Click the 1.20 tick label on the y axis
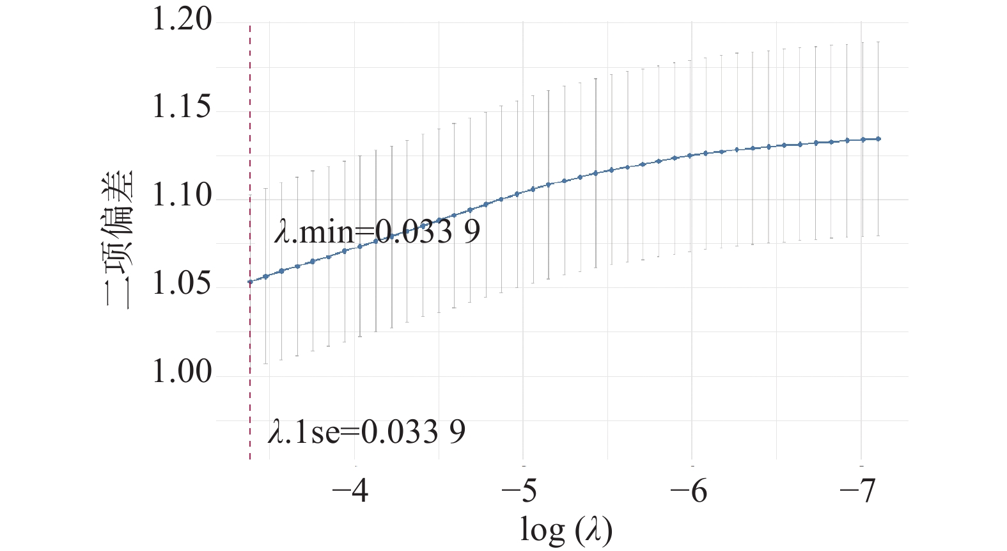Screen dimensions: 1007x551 click(182, 20)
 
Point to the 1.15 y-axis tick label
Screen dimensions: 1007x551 click(182, 108)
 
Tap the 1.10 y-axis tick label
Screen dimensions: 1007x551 click(182, 196)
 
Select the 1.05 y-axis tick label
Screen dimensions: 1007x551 click(182, 285)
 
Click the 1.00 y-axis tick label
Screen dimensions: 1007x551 click(182, 373)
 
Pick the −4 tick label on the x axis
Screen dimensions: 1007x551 click(350, 491)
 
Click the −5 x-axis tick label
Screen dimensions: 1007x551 click(519, 491)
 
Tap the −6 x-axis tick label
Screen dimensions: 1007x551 click(688, 491)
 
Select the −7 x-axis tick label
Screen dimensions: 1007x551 click(858, 491)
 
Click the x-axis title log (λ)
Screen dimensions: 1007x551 click(566, 530)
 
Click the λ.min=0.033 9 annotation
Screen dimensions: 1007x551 click(377, 232)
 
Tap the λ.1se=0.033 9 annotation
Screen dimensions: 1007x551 click(366, 432)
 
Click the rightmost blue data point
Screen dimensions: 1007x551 click(878, 139)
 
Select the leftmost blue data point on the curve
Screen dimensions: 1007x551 click(251, 282)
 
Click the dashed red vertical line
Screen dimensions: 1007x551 click(250, 243)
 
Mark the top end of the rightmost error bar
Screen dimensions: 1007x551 click(878, 42)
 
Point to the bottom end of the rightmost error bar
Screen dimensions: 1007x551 click(878, 236)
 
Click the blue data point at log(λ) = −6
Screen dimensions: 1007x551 click(690, 156)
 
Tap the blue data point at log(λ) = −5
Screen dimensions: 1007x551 click(517, 194)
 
